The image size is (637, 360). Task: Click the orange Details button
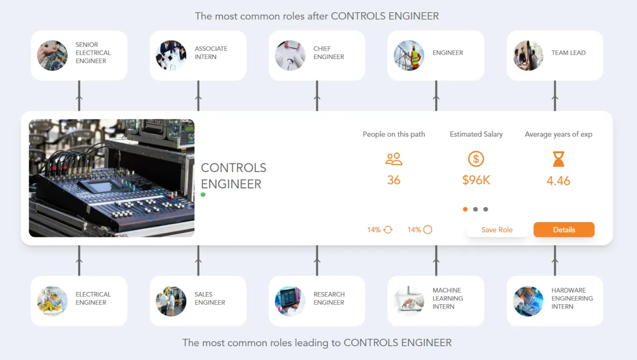click(564, 230)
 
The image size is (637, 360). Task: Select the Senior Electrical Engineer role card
click(79, 55)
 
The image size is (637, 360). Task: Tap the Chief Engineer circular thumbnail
click(290, 55)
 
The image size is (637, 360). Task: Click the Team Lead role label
click(568, 53)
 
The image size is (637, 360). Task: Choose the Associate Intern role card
click(198, 55)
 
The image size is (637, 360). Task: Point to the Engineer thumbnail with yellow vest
click(409, 55)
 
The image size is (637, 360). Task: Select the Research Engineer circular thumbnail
click(290, 301)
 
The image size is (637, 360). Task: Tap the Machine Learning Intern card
click(436, 301)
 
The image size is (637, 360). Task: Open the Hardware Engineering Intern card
click(555, 301)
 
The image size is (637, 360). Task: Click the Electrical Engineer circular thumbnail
click(52, 301)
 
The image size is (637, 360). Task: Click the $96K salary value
click(476, 181)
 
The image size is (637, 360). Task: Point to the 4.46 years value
click(558, 181)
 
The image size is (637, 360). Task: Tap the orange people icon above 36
click(394, 159)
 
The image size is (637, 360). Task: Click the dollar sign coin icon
click(476, 159)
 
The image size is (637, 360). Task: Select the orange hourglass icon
click(558, 159)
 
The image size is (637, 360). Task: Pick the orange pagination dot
click(466, 209)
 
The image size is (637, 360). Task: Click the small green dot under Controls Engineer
click(203, 195)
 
